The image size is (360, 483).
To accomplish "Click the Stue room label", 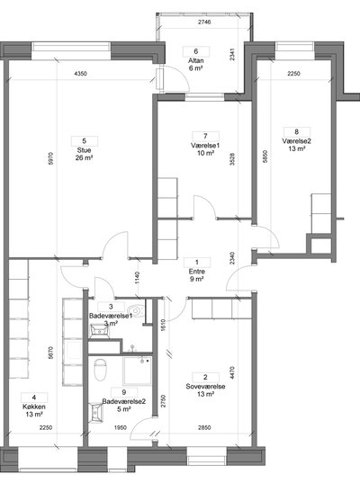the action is [x=84, y=150].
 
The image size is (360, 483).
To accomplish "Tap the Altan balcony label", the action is [x=195, y=60].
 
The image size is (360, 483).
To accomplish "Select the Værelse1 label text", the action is [x=205, y=146].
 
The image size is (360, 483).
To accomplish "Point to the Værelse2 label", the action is [x=296, y=141].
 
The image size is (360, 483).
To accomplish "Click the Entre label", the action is [x=196, y=272].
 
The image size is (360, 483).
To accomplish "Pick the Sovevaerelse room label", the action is [x=205, y=387].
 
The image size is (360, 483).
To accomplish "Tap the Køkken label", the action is [x=34, y=407].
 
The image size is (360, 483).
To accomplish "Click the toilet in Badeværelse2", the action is [x=100, y=370].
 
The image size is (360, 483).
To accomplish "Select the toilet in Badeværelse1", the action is [x=135, y=311].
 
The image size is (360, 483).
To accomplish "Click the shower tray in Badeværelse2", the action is [x=138, y=371].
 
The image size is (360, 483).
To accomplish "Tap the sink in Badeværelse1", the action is [x=99, y=332].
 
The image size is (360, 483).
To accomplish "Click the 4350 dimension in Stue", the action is [x=81, y=74].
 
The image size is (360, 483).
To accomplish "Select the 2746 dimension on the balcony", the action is [x=204, y=22].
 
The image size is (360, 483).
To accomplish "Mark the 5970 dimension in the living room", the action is [x=51, y=158].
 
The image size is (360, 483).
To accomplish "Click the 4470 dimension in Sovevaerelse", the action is [x=232, y=372].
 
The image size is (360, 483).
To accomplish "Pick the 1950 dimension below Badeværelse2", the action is [x=121, y=427].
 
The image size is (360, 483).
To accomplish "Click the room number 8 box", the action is [x=297, y=132].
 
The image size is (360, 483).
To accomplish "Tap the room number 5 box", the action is [x=85, y=141].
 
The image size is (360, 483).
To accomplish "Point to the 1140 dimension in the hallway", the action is [x=137, y=278].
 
